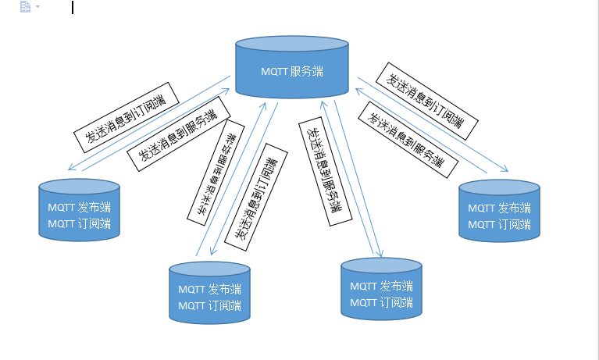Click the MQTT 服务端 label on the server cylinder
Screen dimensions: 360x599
[x=292, y=72]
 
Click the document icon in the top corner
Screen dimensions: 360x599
[x=25, y=7]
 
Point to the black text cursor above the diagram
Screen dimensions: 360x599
[x=72, y=8]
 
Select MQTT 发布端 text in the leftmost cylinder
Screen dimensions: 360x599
[x=79, y=208]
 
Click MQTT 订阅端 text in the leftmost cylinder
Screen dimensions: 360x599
[x=79, y=223]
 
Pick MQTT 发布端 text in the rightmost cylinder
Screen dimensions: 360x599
[x=499, y=209]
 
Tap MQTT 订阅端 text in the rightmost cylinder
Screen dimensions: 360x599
[x=499, y=224]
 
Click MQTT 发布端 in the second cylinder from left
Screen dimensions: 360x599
[x=209, y=290]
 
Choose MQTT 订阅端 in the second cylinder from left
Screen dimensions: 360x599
[x=209, y=305]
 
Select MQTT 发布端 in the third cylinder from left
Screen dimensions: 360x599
[x=381, y=287]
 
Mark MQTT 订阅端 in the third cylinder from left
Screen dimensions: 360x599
[x=381, y=302]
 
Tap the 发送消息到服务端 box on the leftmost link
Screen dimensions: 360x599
[x=179, y=133]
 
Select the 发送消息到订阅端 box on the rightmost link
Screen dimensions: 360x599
[x=426, y=99]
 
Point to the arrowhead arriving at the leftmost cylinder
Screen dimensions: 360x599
[x=70, y=169]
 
